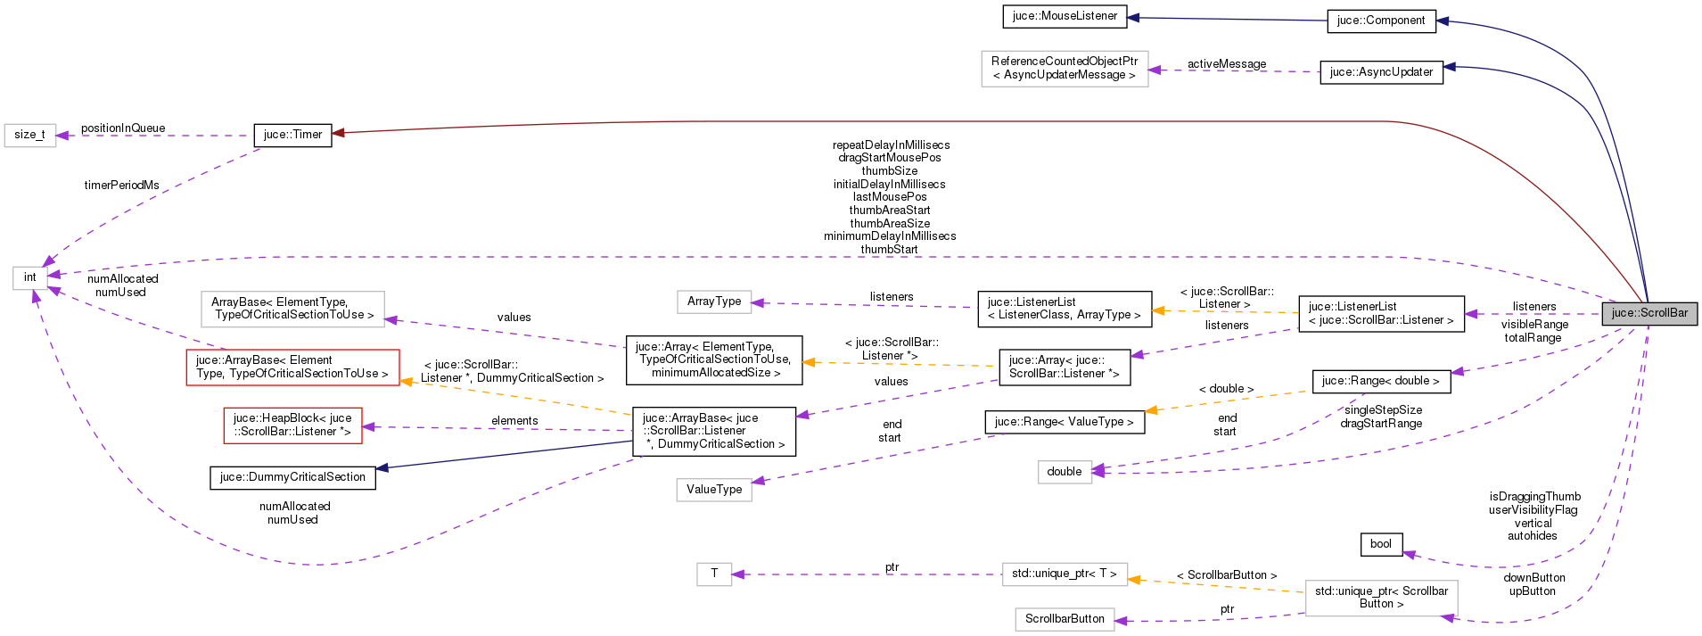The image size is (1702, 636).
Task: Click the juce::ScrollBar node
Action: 1649,313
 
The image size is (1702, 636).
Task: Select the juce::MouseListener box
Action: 1065,16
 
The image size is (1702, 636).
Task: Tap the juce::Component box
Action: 1381,21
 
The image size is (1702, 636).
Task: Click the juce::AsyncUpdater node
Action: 1381,72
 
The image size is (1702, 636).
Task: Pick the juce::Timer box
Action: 292,135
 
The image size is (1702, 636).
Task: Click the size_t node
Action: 29,135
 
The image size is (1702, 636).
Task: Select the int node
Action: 29,277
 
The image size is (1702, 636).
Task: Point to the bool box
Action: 1380,544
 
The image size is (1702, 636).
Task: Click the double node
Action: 1064,472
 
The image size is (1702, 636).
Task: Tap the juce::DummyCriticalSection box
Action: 292,477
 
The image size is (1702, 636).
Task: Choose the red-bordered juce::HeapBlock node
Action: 292,425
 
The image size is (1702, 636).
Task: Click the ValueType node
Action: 713,490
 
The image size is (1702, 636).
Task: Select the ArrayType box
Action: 713,301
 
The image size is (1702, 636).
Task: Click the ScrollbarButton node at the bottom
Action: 1064,619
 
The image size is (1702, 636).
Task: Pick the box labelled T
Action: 713,574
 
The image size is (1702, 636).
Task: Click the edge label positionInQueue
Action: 123,128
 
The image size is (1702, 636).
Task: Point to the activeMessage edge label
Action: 1226,64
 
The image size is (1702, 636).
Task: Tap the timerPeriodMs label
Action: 121,186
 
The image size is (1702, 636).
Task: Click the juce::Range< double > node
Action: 1380,381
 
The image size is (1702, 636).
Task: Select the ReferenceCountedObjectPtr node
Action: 1064,69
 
